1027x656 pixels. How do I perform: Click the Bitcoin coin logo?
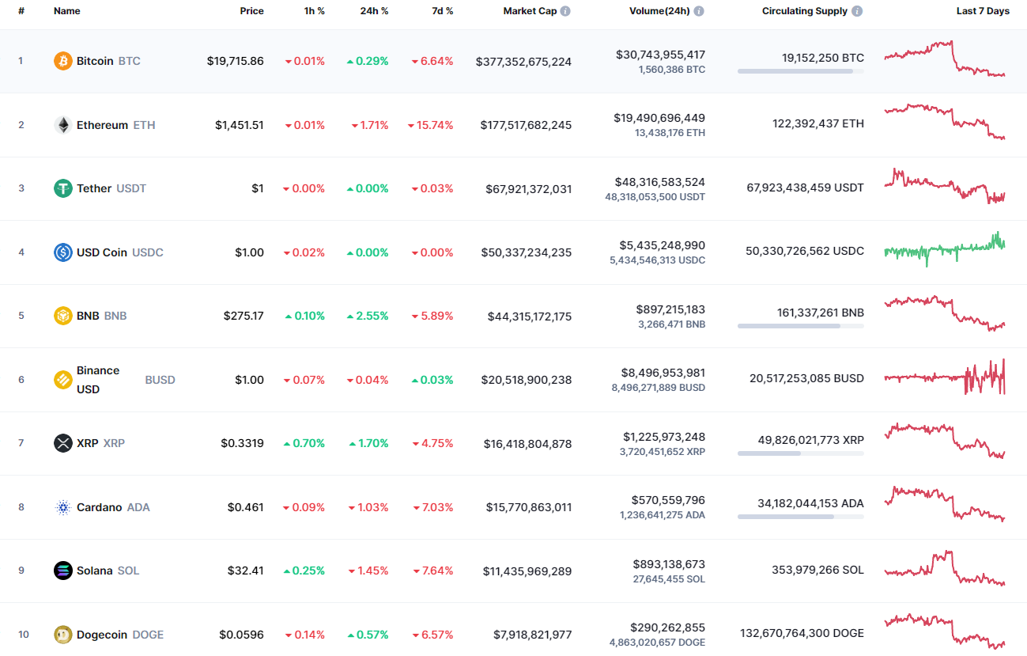[62, 61]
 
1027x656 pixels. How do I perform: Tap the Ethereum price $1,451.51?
[240, 125]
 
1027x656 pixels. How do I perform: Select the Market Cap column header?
[530, 11]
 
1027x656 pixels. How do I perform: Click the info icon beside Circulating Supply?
[858, 11]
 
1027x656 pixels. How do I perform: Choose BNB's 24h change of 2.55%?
[368, 316]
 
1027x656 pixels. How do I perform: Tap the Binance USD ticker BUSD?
[160, 380]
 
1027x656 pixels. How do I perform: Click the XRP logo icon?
[62, 443]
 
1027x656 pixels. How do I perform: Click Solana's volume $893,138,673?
[669, 564]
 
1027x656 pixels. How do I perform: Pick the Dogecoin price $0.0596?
[242, 635]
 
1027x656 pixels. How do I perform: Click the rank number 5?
[21, 316]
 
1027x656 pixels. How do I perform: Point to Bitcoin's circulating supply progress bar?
[800, 71]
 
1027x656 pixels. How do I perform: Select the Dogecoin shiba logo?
[62, 635]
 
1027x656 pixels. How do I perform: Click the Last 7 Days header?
[983, 11]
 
